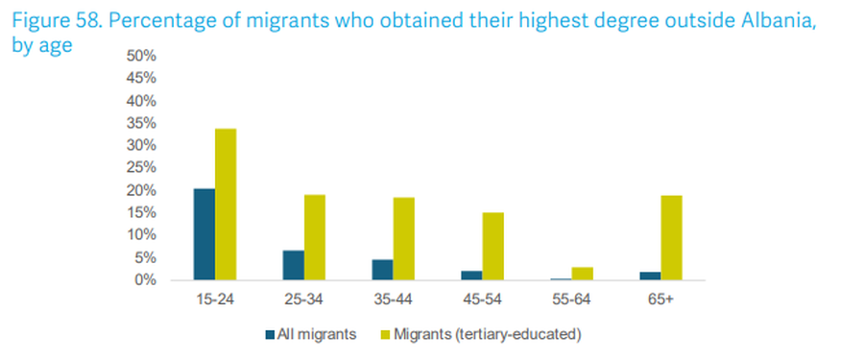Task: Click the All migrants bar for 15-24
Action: [204, 234]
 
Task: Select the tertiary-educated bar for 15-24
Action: [226, 204]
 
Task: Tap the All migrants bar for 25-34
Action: [293, 265]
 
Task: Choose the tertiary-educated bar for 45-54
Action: [493, 246]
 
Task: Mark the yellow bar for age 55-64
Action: [583, 274]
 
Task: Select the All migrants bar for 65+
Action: [650, 276]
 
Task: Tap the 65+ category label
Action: [660, 300]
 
